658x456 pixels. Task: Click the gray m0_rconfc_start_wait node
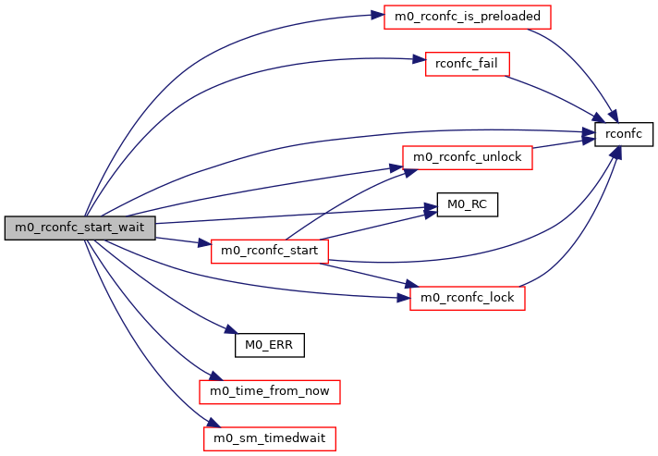tap(80, 228)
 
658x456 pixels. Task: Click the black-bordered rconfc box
tap(623, 134)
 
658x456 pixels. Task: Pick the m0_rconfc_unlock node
tap(467, 157)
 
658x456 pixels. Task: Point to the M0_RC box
tap(467, 204)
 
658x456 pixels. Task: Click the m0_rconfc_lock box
tap(467, 298)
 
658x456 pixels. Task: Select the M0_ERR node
tap(270, 345)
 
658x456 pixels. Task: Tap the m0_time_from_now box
tap(270, 391)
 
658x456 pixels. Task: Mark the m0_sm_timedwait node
tap(270, 438)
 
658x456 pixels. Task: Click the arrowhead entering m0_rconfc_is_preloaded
tap(379, 16)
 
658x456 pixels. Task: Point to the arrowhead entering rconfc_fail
tap(419, 61)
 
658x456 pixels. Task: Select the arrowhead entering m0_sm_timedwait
tap(211, 426)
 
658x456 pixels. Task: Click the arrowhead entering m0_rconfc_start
tap(207, 245)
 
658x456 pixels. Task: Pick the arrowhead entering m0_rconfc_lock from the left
tap(405, 297)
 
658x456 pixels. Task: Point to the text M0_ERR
tap(270, 345)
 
